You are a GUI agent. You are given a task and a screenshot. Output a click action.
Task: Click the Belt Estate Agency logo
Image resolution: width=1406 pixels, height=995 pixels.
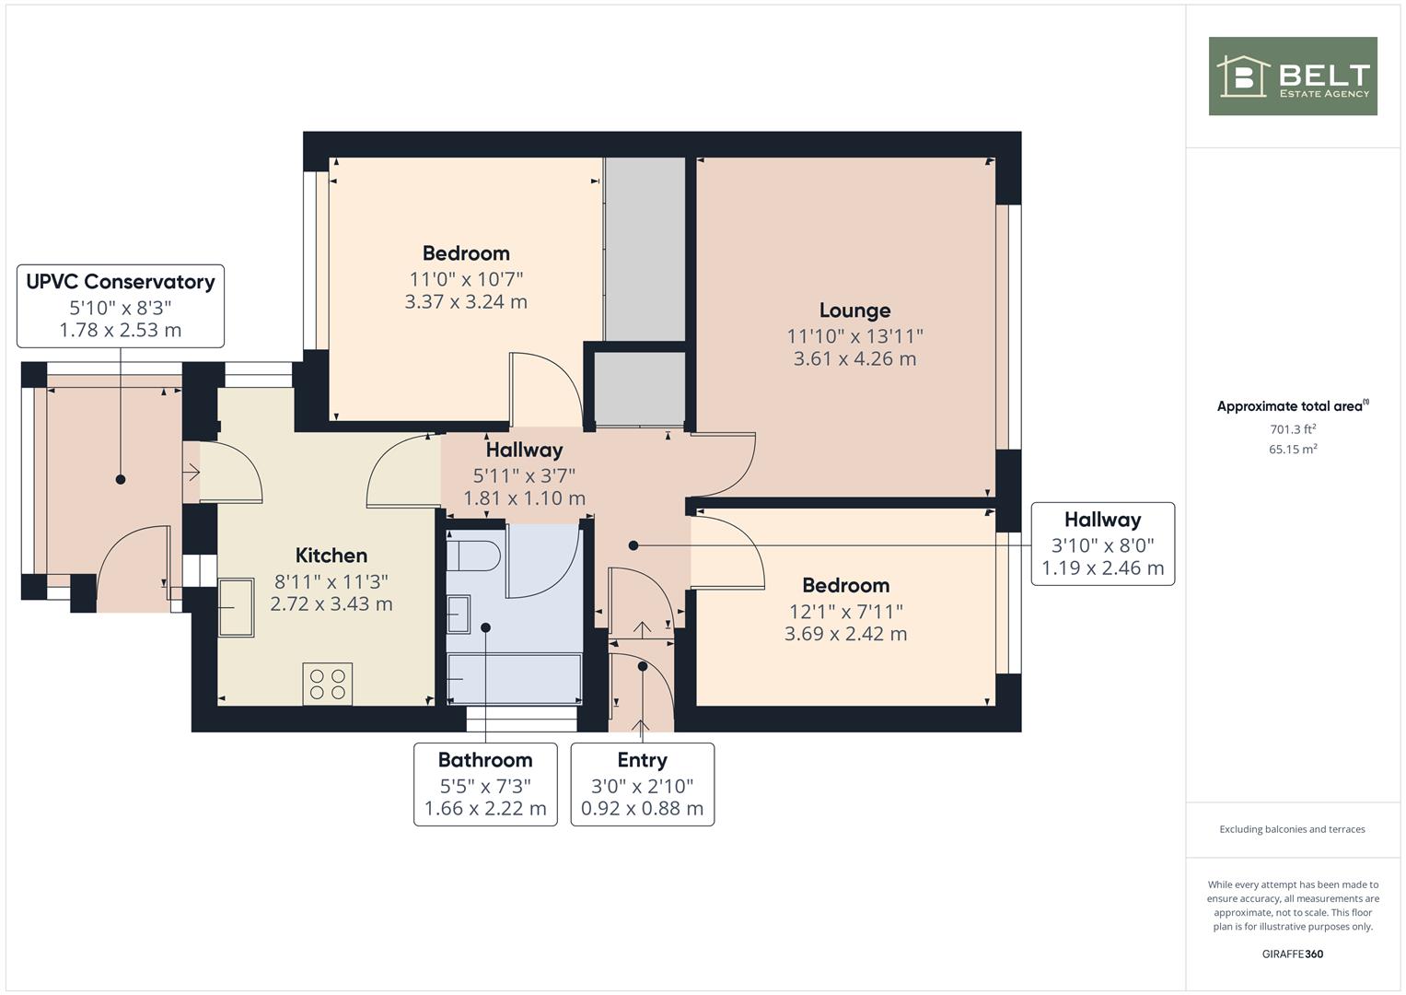(x=1293, y=76)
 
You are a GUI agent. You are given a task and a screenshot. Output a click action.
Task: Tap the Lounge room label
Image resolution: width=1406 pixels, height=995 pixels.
(x=854, y=310)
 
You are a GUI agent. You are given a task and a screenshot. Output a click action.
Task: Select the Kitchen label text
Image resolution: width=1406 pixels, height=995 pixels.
(x=331, y=556)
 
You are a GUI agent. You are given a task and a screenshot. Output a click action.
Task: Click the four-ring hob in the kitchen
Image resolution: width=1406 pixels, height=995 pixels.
(x=328, y=684)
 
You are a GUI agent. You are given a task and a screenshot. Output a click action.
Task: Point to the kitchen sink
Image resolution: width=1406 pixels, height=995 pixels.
(x=236, y=608)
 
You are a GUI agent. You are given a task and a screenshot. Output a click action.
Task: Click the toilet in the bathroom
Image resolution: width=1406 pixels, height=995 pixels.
(x=473, y=556)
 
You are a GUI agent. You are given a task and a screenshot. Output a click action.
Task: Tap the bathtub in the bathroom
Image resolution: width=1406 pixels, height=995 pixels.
(x=514, y=678)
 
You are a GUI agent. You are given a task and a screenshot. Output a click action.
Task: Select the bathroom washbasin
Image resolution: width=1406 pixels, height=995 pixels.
(x=459, y=615)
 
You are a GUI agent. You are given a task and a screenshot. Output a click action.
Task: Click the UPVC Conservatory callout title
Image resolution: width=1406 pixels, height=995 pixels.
(x=121, y=282)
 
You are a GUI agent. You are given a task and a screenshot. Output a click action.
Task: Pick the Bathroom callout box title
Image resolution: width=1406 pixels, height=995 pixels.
(x=485, y=760)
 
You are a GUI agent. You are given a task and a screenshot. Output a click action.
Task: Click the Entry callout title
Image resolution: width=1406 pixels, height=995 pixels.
(x=642, y=760)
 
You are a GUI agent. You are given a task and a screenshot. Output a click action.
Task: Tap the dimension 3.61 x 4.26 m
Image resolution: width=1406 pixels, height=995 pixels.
(x=854, y=358)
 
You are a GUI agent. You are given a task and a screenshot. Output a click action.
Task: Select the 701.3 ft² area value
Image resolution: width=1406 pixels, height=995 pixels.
(x=1293, y=429)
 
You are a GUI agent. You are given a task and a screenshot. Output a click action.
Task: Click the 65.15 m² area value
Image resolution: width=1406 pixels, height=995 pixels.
(x=1293, y=450)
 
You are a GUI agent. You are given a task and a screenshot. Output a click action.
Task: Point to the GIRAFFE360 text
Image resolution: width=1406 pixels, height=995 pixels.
(x=1293, y=954)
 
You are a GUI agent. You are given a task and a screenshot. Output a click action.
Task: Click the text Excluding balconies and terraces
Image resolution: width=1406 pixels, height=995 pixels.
(x=1293, y=829)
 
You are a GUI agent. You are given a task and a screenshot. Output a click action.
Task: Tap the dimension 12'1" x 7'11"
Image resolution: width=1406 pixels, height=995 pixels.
(x=846, y=611)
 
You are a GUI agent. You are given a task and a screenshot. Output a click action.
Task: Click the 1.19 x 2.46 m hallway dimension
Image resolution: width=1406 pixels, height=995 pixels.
(x=1103, y=568)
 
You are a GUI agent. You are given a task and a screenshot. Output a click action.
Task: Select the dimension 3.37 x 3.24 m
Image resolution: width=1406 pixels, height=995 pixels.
(x=466, y=302)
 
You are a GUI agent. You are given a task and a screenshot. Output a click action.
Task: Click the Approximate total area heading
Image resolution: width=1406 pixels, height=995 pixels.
(x=1293, y=405)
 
